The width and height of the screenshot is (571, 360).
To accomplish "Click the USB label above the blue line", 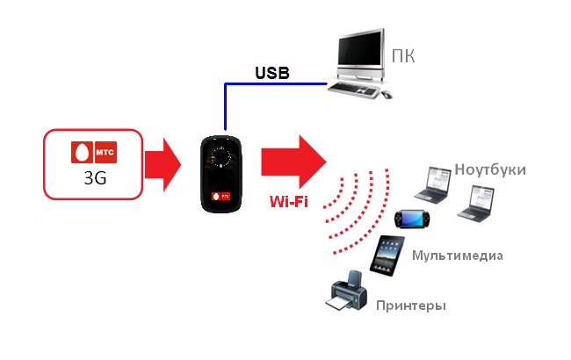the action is (x=272, y=73).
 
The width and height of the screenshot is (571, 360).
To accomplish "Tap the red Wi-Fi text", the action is (x=289, y=201).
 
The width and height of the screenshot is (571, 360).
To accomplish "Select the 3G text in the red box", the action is (x=95, y=178).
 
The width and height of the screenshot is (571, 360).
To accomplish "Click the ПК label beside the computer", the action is (x=403, y=56).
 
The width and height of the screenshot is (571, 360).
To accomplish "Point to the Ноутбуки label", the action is (x=490, y=170).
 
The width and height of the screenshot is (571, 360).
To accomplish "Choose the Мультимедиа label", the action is (x=458, y=256).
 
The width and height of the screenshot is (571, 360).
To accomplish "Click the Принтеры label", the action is (x=411, y=306).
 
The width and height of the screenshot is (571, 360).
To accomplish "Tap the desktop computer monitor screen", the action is (x=360, y=49).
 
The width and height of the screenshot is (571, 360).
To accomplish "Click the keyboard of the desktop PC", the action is (x=353, y=90).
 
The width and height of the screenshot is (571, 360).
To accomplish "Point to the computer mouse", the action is (x=387, y=95).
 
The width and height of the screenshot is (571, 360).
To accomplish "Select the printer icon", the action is (x=346, y=291).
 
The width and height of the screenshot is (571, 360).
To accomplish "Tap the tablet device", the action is (x=387, y=256).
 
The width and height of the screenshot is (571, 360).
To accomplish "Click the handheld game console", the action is (x=412, y=219).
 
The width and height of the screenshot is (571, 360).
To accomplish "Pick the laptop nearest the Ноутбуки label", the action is (x=432, y=184).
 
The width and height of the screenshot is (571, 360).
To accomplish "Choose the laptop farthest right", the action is (x=476, y=204).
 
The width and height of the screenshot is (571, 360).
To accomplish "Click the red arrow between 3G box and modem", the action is (x=163, y=165).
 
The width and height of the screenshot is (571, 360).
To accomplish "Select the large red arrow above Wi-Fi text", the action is (x=293, y=162).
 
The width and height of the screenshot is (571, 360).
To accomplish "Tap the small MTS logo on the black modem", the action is (x=221, y=197).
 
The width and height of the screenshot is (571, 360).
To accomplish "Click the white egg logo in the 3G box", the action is (x=82, y=152).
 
